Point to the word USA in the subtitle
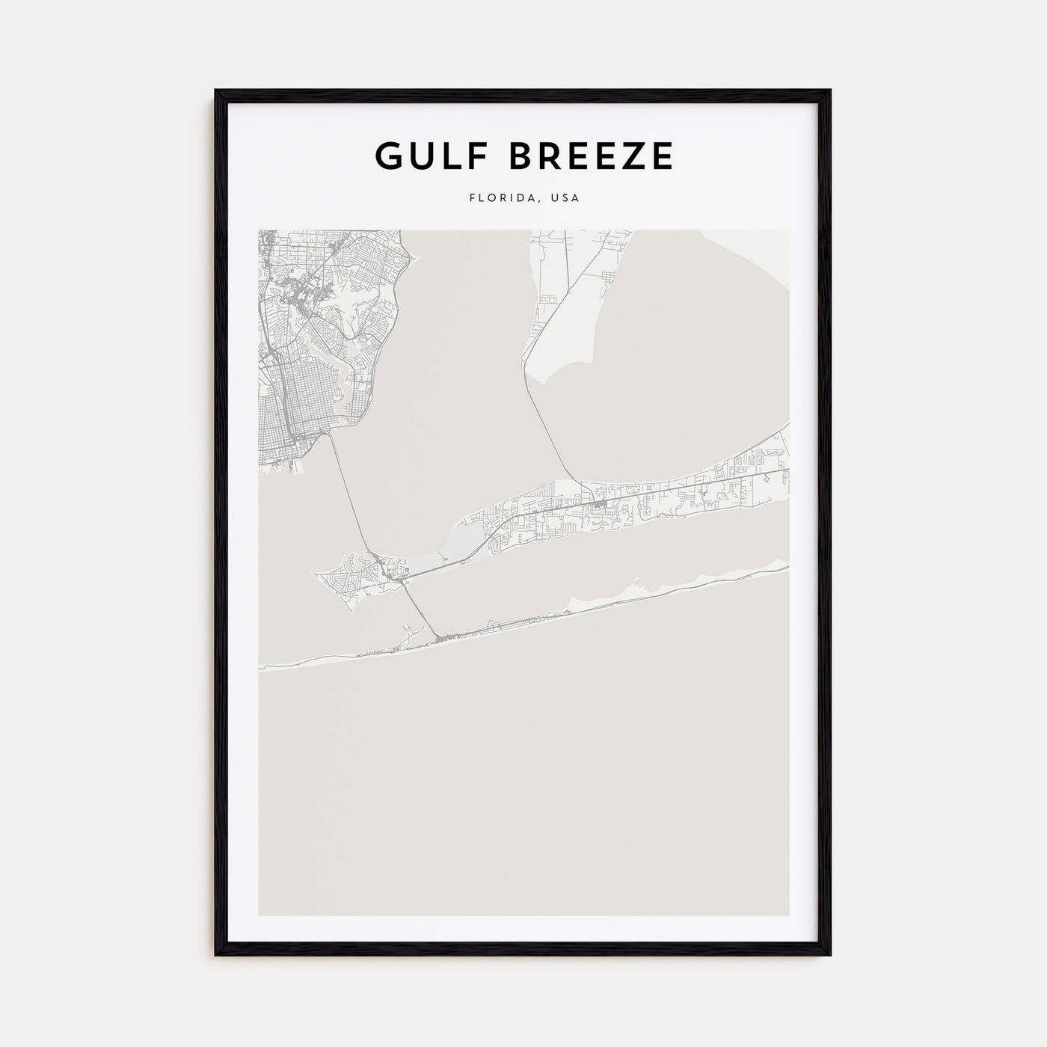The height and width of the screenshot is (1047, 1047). (x=565, y=199)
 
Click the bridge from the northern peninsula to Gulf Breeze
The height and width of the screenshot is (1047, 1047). (x=553, y=434)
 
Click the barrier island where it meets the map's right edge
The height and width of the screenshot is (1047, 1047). (x=785, y=568)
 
